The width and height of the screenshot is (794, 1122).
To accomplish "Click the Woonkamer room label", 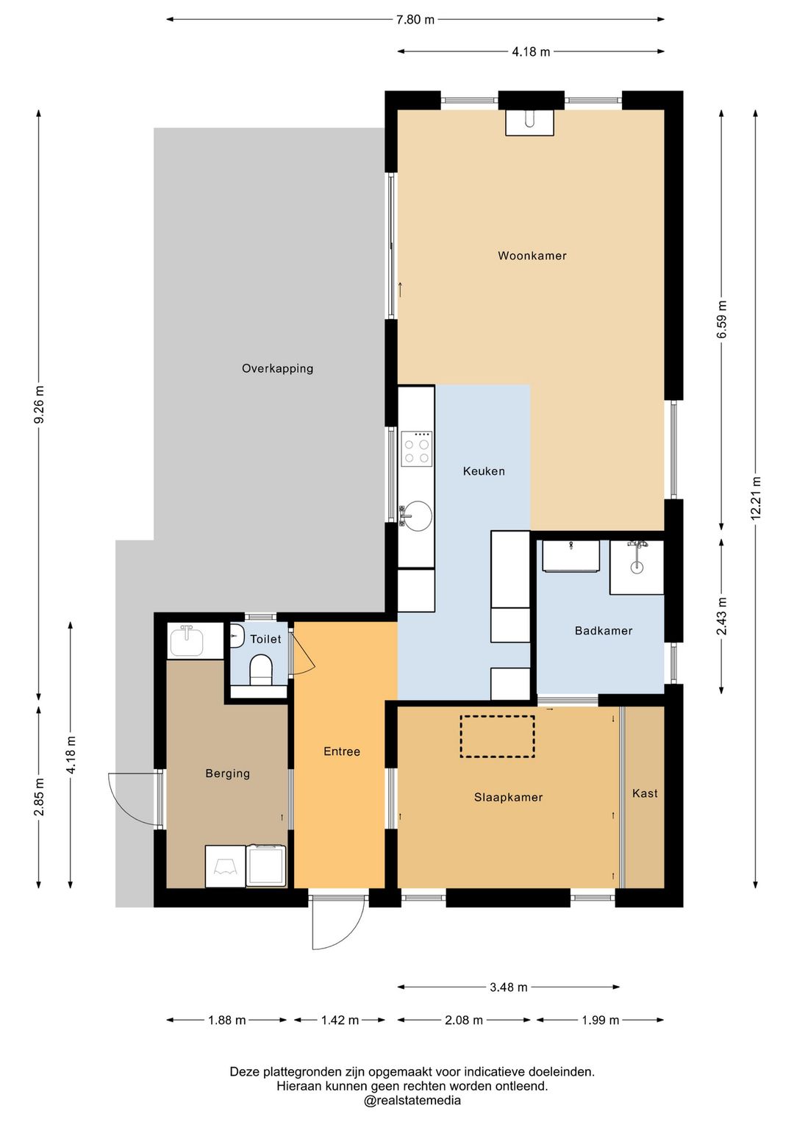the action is click(532, 255).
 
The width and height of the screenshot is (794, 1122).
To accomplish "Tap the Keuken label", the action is click(484, 471).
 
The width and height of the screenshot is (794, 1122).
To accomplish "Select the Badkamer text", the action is click(603, 631).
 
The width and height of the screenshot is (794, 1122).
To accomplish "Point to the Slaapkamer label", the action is click(509, 797).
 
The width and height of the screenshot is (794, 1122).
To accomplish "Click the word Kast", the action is click(645, 793).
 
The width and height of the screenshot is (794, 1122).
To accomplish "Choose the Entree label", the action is click(342, 751).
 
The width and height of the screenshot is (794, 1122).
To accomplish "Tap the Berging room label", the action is click(227, 773).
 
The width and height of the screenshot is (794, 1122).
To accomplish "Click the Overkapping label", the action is click(277, 368).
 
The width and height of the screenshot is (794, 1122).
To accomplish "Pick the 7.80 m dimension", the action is click(415, 20).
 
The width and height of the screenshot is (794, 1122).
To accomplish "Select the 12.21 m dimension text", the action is click(756, 499).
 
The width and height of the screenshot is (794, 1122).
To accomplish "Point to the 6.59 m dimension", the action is click(721, 320).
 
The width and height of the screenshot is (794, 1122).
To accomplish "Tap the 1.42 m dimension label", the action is click(340, 1020).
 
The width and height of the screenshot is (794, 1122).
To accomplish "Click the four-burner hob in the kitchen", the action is click(417, 449).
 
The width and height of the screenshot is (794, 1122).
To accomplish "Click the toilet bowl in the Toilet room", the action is click(260, 669).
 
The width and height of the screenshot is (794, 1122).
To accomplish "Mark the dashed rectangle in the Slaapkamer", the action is click(498, 736).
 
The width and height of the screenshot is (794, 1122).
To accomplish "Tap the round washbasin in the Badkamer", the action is click(637, 567).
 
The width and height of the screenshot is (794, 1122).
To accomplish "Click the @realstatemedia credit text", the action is click(412, 1100).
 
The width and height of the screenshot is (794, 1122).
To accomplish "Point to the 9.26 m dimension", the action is click(39, 404).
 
